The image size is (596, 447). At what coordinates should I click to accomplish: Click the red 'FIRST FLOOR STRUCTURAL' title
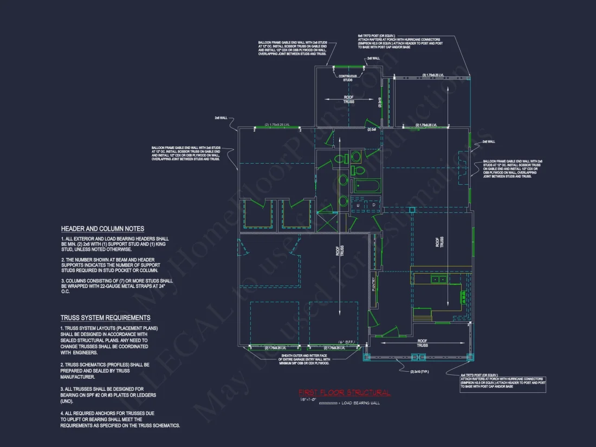tap(344, 392)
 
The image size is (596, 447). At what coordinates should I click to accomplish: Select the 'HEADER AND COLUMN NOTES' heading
tap(102, 229)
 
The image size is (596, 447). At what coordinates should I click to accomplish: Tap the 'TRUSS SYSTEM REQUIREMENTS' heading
tap(105, 318)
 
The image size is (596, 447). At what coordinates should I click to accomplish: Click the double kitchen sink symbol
tap(439, 280)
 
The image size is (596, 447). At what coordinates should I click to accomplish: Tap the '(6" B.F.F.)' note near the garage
tap(347, 341)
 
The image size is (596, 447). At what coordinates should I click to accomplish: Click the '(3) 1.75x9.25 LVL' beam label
tap(433, 75)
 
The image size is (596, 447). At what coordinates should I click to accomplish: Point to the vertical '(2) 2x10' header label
tap(380, 101)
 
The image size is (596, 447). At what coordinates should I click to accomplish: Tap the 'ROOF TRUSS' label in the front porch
tap(423, 343)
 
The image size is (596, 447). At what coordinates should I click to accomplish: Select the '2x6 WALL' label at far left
tap(221, 118)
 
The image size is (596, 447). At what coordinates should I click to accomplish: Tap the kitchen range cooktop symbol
tap(463, 297)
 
